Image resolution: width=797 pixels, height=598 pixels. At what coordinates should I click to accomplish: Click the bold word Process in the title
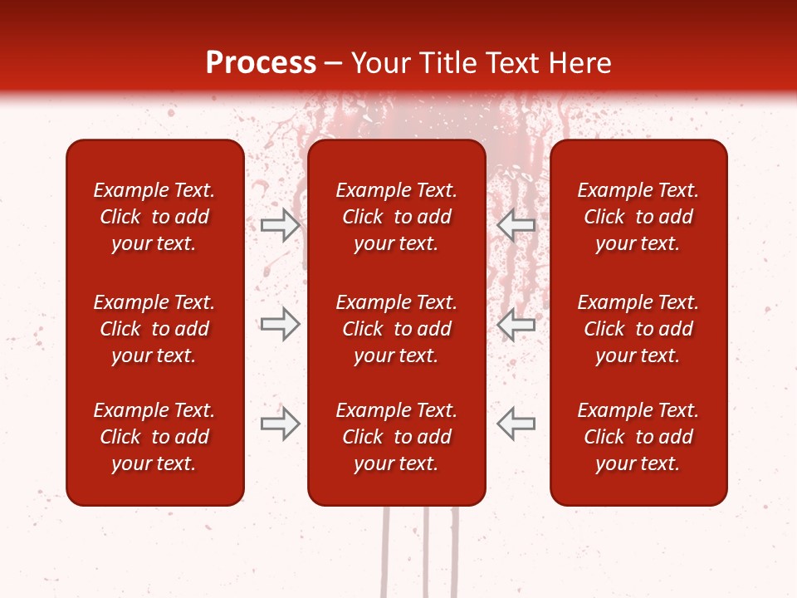261,63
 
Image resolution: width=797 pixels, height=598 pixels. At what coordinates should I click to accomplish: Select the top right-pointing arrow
280,224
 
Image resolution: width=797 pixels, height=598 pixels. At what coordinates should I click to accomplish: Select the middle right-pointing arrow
280,324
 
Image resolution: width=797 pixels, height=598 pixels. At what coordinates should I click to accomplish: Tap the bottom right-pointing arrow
280,423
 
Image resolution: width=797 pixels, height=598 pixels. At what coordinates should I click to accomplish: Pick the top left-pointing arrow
516,224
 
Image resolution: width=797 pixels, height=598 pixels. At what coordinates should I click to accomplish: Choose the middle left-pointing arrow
516,324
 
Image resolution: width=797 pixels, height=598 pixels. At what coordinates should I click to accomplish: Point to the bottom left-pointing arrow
516,423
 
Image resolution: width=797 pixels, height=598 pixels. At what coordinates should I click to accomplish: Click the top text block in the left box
154,217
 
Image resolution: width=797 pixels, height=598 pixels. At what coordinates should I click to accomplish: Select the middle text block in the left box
154,329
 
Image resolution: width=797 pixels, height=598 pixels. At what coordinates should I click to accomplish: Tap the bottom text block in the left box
154,437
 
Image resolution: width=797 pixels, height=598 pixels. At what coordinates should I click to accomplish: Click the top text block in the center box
396,217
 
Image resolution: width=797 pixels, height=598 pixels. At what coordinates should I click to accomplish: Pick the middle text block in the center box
396,329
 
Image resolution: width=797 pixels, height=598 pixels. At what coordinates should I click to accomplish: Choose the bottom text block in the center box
396,437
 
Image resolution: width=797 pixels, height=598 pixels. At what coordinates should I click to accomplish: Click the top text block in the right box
638,217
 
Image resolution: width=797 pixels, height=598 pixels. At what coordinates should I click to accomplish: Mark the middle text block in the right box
638,329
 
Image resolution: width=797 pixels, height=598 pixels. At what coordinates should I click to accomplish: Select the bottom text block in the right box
638,437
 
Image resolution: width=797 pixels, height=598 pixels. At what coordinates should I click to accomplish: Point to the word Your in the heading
379,63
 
